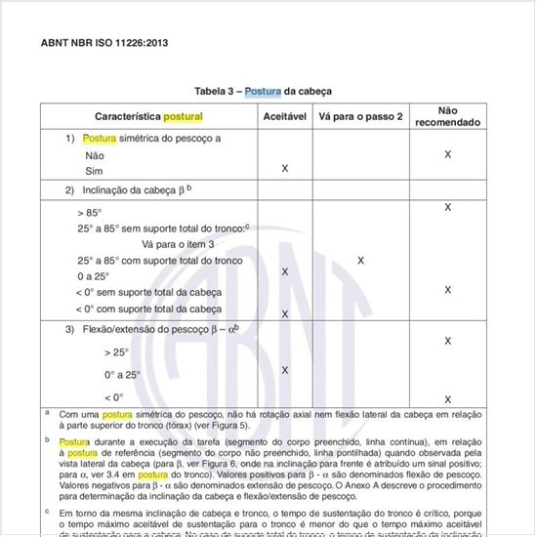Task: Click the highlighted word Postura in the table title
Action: point(262,91)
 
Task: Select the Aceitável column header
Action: point(284,116)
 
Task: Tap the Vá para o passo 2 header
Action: point(360,116)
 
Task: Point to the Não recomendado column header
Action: point(447,116)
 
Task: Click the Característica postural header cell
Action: point(148,116)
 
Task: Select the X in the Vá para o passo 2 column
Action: point(361,261)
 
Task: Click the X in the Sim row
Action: point(284,169)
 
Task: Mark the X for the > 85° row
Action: point(447,207)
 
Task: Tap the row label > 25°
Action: point(116,352)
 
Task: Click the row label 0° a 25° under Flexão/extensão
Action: point(122,374)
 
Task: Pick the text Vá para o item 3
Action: point(178,244)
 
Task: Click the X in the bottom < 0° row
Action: point(447,399)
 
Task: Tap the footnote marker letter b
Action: point(47,440)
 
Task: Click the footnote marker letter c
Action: point(47,511)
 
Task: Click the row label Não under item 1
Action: point(95,154)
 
